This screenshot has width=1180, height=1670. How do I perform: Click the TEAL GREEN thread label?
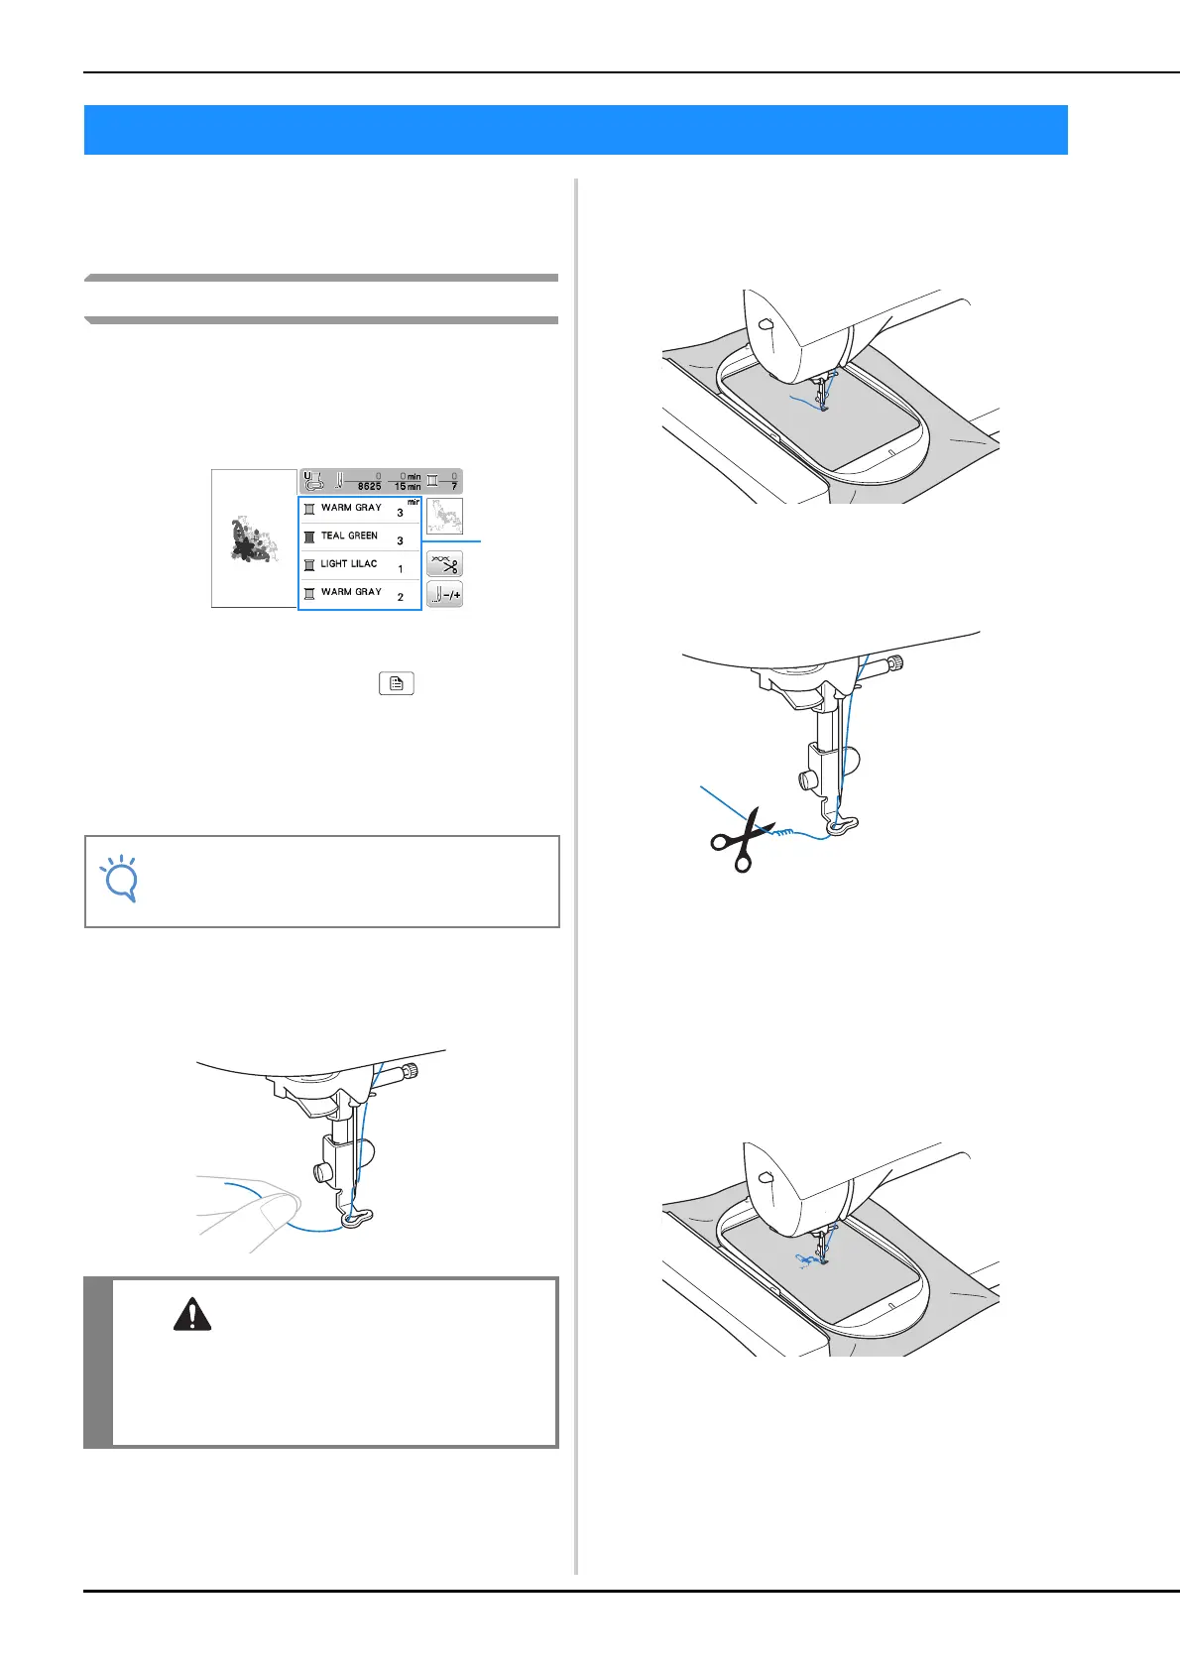pos(349,536)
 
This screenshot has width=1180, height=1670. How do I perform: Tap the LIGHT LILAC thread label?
pos(349,563)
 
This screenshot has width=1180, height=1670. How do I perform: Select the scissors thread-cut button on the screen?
pos(444,564)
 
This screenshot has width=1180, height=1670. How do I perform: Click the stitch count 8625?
pos(369,487)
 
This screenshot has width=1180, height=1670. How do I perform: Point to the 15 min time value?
pos(407,487)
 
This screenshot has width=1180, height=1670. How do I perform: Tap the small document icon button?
pos(396,683)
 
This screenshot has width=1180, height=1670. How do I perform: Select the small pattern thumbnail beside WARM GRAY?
pos(444,516)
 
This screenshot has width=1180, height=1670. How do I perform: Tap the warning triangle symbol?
pos(191,1315)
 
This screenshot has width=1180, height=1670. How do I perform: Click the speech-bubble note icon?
pos(120,880)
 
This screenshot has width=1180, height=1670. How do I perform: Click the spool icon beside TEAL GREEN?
pos(309,537)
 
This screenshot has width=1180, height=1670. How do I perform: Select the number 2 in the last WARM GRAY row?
pos(401,597)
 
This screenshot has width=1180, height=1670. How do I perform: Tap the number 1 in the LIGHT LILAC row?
pos(401,569)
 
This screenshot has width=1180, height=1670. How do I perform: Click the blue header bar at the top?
pos(575,130)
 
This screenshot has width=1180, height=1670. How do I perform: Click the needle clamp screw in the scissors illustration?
pos(896,663)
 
